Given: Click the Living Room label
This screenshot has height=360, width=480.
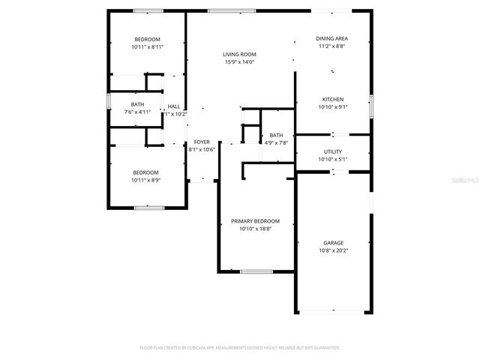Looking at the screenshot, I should point(239,54).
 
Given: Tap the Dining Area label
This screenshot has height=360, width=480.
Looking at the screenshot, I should point(332,38).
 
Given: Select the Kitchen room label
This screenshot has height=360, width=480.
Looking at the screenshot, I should point(333,99).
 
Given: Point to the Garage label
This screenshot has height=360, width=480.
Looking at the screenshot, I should point(333,242).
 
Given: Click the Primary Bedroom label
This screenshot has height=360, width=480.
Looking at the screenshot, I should point(255,221).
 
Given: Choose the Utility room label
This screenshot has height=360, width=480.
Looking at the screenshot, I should point(333,151).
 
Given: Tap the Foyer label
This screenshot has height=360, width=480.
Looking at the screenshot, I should point(202,142).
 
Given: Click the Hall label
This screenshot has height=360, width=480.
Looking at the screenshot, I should point(174,106).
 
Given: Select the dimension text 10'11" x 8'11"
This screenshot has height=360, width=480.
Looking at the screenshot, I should point(147,46).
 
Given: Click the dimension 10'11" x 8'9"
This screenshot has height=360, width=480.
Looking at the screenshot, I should point(147,180).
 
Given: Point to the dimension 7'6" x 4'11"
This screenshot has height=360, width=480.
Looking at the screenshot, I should point(137,112).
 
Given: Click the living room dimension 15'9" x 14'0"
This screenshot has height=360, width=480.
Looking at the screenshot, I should point(239,61).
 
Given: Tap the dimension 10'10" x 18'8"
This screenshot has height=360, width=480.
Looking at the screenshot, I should point(255,229).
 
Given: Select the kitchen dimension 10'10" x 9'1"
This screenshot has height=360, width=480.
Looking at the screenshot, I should point(333,106).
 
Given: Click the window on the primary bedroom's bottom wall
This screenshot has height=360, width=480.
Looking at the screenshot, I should point(256,271).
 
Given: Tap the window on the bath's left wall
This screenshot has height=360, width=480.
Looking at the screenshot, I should point(109,100).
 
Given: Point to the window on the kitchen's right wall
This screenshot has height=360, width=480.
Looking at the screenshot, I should point(370,105).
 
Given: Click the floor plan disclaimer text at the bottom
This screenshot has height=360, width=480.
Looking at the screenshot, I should point(240,348).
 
